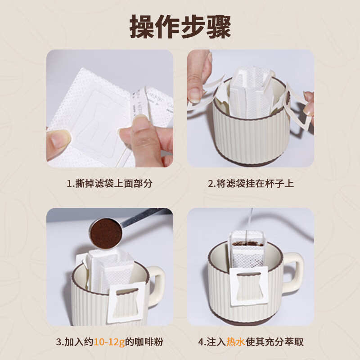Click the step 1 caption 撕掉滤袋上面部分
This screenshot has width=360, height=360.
(x=109, y=184)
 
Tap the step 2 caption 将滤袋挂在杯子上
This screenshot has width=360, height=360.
(x=251, y=184)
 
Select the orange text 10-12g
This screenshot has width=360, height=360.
(x=109, y=342)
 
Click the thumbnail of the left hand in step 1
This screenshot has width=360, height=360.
(x=58, y=139)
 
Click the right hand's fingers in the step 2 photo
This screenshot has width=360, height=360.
(x=309, y=103)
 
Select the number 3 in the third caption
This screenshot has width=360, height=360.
(x=58, y=342)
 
